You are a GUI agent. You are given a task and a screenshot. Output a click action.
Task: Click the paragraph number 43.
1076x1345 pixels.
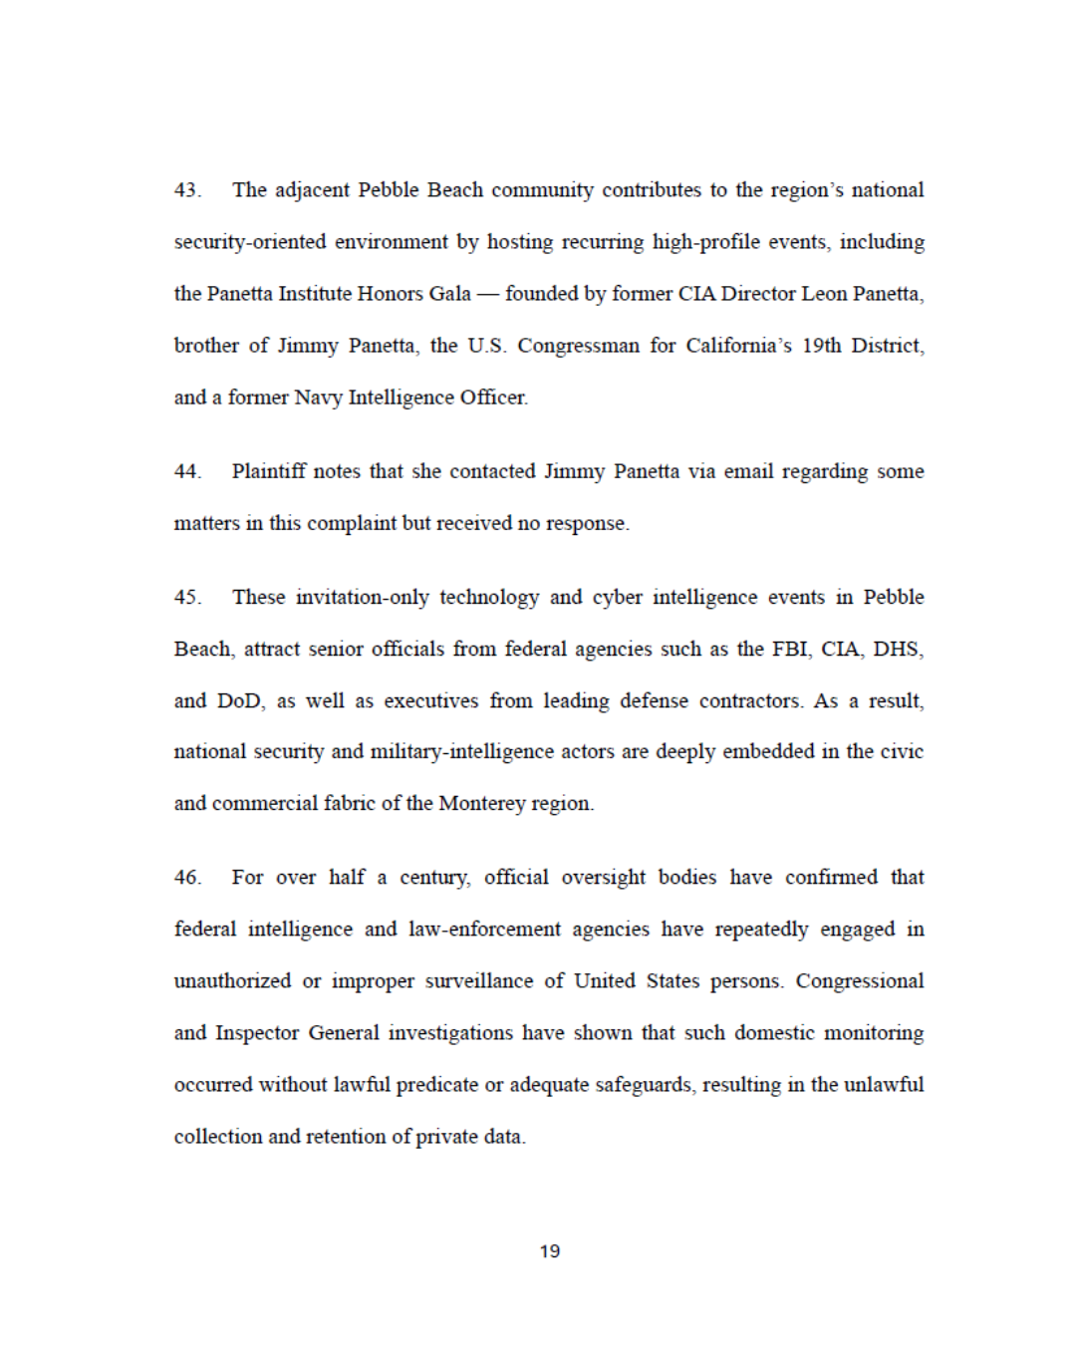pyautogui.click(x=187, y=190)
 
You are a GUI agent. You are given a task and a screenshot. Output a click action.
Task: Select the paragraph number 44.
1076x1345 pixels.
pyautogui.click(x=187, y=471)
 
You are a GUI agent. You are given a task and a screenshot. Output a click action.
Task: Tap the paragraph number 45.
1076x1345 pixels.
pyautogui.click(x=187, y=598)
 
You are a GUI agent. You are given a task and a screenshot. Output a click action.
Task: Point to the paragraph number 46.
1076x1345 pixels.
pyautogui.click(x=187, y=878)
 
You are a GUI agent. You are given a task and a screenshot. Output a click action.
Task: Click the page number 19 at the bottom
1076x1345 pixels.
pyautogui.click(x=550, y=1251)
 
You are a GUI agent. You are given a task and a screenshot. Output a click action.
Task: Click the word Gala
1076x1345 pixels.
pyautogui.click(x=449, y=294)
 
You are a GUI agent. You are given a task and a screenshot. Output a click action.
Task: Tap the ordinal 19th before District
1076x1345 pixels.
pyautogui.click(x=821, y=346)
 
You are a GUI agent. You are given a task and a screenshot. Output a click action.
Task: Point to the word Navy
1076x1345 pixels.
pyautogui.click(x=318, y=398)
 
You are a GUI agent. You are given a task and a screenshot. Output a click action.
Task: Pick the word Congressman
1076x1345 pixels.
pyautogui.click(x=578, y=346)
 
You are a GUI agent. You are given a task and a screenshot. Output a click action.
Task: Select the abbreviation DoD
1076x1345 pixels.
pyautogui.click(x=240, y=701)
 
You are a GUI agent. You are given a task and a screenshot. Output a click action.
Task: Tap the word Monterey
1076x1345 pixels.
pyautogui.click(x=482, y=804)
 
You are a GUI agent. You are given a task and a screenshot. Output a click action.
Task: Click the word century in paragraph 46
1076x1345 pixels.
pyautogui.click(x=434, y=878)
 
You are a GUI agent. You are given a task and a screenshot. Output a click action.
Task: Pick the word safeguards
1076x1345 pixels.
pyautogui.click(x=644, y=1085)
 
